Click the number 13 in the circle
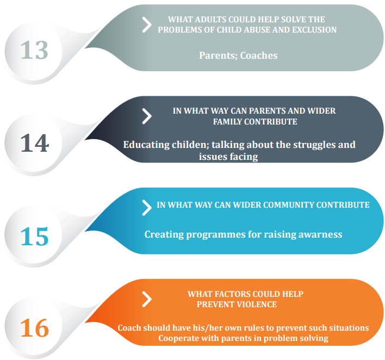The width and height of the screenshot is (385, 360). (x=34, y=50)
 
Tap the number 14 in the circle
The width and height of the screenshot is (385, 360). (x=35, y=142)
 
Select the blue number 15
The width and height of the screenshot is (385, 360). (x=35, y=236)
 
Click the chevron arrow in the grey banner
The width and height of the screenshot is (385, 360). (x=147, y=25)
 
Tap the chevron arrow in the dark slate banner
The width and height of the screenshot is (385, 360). (x=147, y=116)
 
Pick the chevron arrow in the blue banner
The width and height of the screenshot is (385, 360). (x=147, y=208)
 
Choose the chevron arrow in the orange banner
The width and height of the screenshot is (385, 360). (x=147, y=299)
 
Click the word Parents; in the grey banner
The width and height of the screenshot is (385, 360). (x=218, y=55)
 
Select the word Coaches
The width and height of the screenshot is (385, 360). (x=259, y=55)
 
